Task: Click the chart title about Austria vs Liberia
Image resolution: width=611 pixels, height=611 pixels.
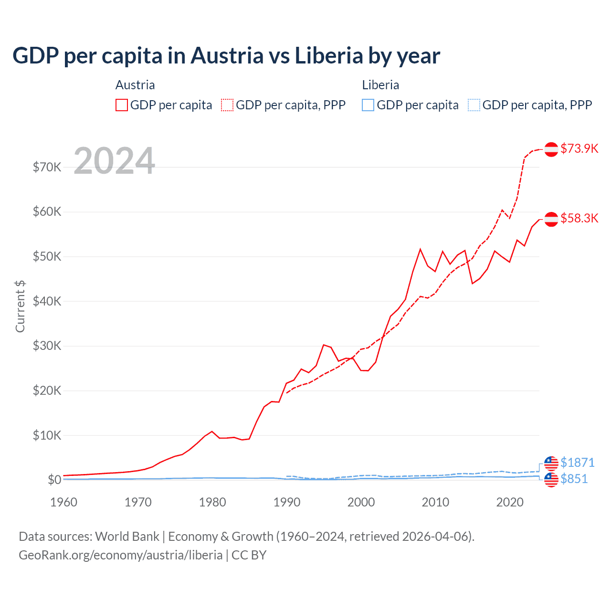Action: click(x=226, y=56)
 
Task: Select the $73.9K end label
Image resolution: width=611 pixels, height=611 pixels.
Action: click(x=579, y=148)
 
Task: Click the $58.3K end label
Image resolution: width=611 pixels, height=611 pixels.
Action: click(x=579, y=218)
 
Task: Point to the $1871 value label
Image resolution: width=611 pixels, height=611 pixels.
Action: click(x=577, y=463)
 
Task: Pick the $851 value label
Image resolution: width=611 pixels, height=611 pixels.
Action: click(x=574, y=479)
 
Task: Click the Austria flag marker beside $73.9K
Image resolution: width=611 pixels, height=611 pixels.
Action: click(x=551, y=149)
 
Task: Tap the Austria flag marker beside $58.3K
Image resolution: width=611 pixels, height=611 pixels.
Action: click(x=551, y=219)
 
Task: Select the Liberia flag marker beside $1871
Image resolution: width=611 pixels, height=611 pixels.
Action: click(x=551, y=463)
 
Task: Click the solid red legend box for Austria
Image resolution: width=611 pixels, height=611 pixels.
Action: click(x=122, y=105)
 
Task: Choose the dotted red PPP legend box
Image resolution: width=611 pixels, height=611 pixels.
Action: click(x=227, y=105)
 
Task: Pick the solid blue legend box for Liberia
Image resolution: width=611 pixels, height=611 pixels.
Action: click(x=368, y=105)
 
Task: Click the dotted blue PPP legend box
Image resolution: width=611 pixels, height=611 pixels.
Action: click(x=474, y=105)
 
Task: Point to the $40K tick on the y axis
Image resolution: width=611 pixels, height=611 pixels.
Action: click(x=47, y=301)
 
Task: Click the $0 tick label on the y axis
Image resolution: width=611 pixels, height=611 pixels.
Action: click(x=54, y=480)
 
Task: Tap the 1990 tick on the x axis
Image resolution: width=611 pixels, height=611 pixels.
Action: click(x=287, y=502)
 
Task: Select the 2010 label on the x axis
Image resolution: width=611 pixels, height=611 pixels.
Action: click(x=435, y=502)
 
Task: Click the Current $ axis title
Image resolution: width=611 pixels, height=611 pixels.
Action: click(x=20, y=306)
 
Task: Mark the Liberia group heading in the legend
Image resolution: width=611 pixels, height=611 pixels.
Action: click(x=380, y=85)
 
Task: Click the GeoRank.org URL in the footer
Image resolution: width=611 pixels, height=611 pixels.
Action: click(x=121, y=555)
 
